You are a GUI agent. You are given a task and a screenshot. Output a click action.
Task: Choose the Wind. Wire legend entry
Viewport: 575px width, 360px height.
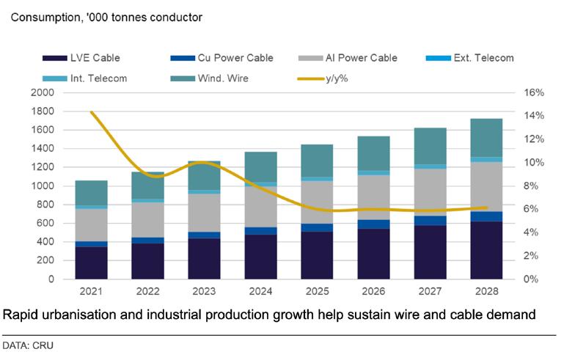(x=220, y=78)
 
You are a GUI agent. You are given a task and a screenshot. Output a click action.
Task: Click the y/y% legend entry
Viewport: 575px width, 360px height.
(x=338, y=78)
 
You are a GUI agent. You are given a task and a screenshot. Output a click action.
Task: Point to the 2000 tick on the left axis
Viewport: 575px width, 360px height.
(x=43, y=93)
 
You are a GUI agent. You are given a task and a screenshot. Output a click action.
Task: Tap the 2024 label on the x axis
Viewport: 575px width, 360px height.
(x=261, y=292)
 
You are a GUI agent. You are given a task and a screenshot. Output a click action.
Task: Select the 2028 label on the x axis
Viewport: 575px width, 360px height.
(x=487, y=292)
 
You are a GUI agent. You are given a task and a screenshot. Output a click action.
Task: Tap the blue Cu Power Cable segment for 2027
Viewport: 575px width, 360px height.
(x=431, y=220)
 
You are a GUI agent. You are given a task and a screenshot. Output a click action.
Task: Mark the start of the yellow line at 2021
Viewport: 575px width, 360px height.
(x=92, y=112)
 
